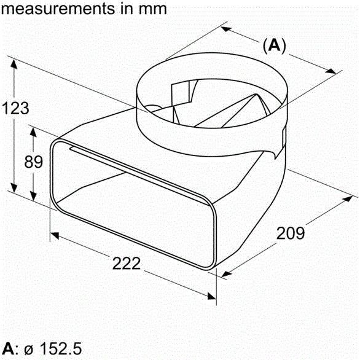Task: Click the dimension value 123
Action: tap(15, 108)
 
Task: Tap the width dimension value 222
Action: tap(127, 264)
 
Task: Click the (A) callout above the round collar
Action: tap(275, 45)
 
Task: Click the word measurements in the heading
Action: tap(54, 9)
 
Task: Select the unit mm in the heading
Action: tap(153, 9)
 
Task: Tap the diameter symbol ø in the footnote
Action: tap(28, 349)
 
